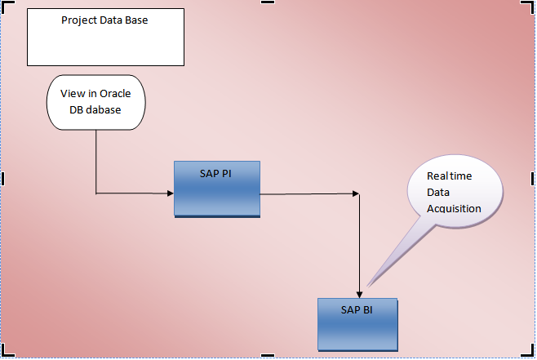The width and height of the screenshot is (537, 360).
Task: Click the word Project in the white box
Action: coord(80,20)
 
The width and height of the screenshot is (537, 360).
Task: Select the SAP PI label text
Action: coord(216,174)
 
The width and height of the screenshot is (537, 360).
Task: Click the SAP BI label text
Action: coord(357,309)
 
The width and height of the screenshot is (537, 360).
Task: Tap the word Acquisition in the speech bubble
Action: coord(454,208)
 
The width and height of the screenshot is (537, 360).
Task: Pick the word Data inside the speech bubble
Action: coord(438,192)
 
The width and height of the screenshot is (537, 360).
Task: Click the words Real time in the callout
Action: coord(450,176)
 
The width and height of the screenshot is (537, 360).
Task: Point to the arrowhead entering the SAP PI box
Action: coord(170,193)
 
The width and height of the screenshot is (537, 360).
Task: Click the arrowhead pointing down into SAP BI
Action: coord(359,294)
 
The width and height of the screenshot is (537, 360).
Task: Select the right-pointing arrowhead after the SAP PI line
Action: coord(355,194)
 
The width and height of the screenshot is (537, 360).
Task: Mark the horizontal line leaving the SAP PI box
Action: coord(306,194)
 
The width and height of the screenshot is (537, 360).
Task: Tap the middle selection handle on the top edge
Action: coord(268,2)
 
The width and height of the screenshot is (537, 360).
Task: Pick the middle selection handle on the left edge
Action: coord(3,179)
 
